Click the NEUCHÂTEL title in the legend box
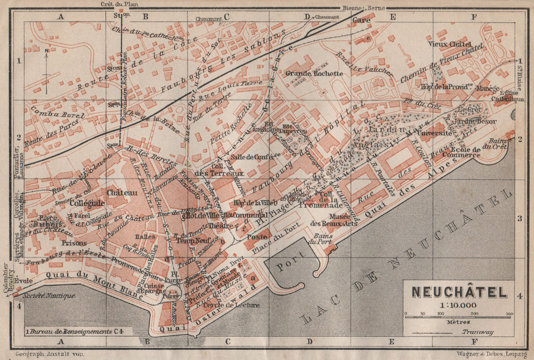click(x=459, y=292)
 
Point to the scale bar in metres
click(x=459, y=316)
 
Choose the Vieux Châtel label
click(x=449, y=44)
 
